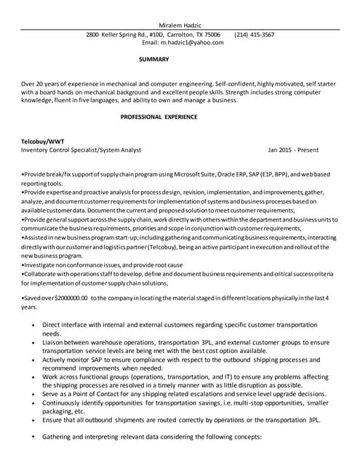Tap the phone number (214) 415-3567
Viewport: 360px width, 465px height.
pyautogui.click(x=255, y=34)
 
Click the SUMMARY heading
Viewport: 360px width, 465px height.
pyautogui.click(x=153, y=59)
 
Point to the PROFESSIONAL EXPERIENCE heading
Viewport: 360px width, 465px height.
pyautogui.click(x=159, y=116)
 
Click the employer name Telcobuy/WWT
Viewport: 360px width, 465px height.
pyautogui.click(x=43, y=140)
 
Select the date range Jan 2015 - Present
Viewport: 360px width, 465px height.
pyautogui.click(x=293, y=150)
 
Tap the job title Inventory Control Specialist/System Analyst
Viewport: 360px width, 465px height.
pyautogui.click(x=81, y=150)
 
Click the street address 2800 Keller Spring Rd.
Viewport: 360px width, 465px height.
pyautogui.click(x=116, y=34)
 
